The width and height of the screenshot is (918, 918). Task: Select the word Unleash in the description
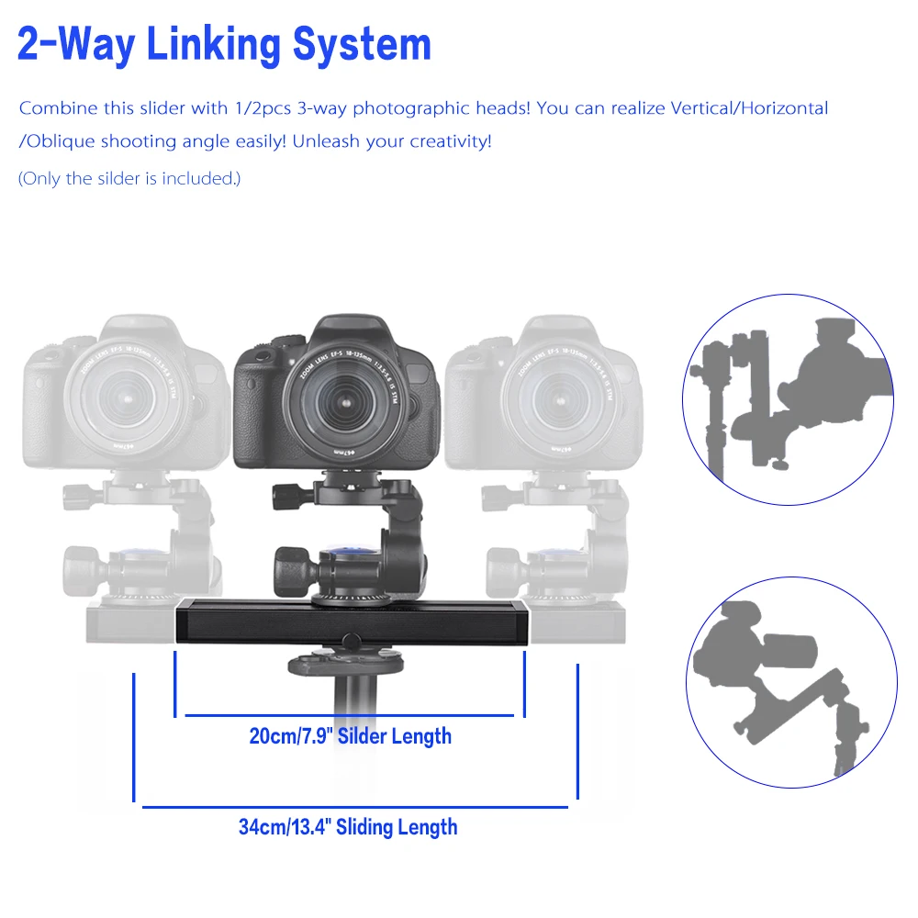tap(354, 142)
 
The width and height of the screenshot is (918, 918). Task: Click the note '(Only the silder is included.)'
tap(129, 178)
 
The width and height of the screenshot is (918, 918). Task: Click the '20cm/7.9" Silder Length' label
tap(350, 735)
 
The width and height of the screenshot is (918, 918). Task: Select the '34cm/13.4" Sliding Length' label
tap(348, 826)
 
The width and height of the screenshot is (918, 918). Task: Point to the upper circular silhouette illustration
tap(787, 398)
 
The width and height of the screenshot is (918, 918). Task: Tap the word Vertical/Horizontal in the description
tap(750, 108)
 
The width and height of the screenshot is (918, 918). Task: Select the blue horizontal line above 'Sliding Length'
tap(355, 807)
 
